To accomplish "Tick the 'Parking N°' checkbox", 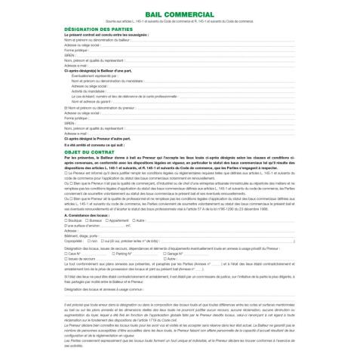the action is pos(114,254).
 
